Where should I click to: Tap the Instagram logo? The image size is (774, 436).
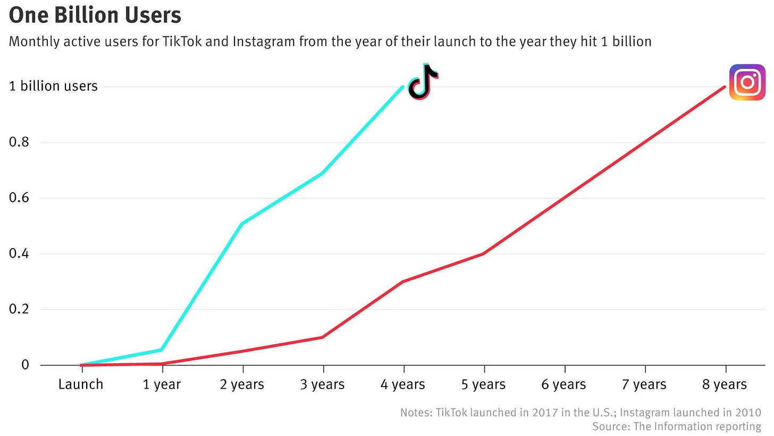pyautogui.click(x=747, y=82)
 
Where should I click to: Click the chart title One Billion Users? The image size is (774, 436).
pyautogui.click(x=95, y=15)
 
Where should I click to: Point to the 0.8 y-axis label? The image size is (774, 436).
pyautogui.click(x=19, y=142)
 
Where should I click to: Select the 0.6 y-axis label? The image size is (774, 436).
pyautogui.click(x=19, y=198)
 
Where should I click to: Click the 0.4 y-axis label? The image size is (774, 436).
pyautogui.click(x=19, y=253)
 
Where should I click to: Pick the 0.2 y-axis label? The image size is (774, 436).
pyautogui.click(x=19, y=309)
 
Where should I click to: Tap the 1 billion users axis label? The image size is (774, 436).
pyautogui.click(x=53, y=86)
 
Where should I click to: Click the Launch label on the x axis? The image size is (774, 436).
pyautogui.click(x=81, y=384)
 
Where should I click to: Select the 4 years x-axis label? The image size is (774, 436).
pyautogui.click(x=403, y=384)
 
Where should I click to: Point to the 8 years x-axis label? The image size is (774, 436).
pyautogui.click(x=725, y=384)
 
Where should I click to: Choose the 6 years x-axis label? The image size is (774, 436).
pyautogui.click(x=564, y=384)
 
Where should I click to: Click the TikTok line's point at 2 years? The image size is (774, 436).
pyautogui.click(x=242, y=224)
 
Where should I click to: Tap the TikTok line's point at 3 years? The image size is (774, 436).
pyautogui.click(x=323, y=173)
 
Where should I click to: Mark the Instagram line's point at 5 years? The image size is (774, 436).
pyautogui.click(x=484, y=253)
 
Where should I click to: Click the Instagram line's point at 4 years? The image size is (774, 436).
pyautogui.click(x=403, y=281)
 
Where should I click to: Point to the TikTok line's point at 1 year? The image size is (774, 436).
pyautogui.click(x=162, y=350)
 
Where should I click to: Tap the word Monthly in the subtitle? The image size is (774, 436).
pyautogui.click(x=33, y=42)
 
